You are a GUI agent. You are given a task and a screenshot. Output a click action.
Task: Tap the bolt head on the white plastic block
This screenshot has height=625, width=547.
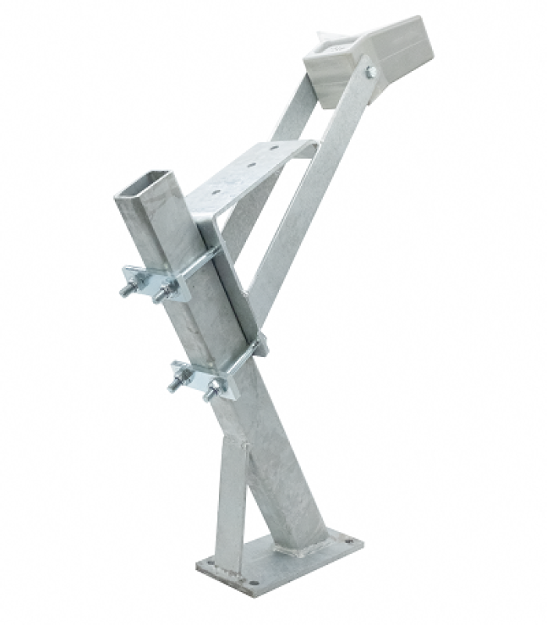coord(370,72)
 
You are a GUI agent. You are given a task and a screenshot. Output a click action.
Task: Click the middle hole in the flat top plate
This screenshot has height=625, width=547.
coord(251,165)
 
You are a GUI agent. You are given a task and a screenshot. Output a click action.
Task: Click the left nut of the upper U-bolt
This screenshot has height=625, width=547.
coord(127,288)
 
